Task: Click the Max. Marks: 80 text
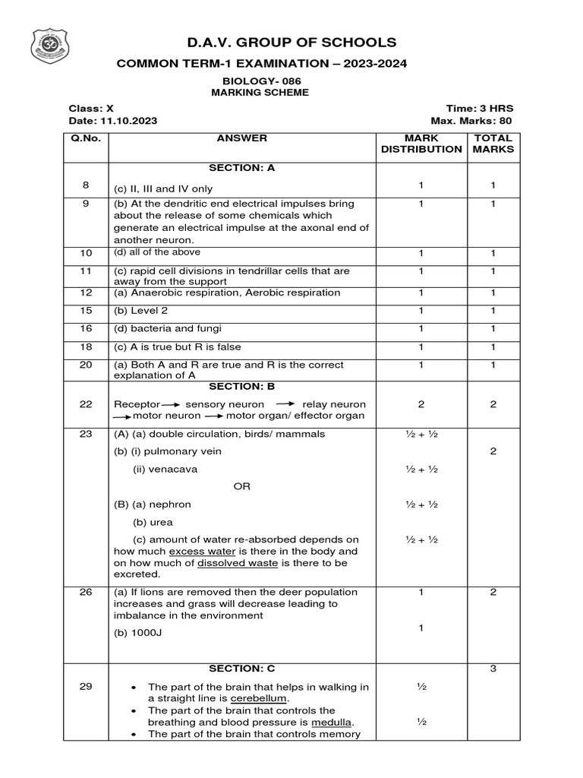click(x=471, y=121)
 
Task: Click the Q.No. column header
click(x=86, y=138)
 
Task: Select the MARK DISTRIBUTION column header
click(x=421, y=144)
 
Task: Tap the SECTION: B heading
click(x=242, y=386)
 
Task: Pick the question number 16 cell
click(x=86, y=328)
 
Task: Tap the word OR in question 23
click(x=242, y=486)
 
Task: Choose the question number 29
click(x=86, y=686)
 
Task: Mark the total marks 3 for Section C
click(x=493, y=669)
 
